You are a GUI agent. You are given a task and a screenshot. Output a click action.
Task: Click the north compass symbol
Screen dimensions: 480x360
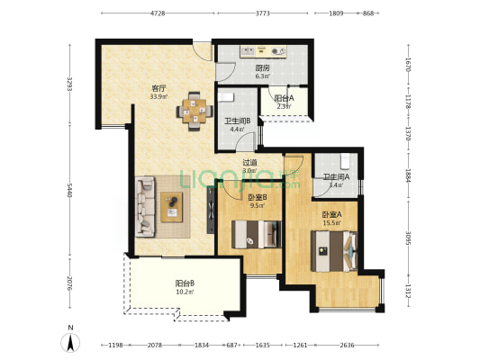coord(70,342)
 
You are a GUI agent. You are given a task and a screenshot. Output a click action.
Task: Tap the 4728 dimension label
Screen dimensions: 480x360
coord(158,13)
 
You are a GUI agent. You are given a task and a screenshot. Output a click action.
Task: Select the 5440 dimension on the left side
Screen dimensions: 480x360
coord(70,190)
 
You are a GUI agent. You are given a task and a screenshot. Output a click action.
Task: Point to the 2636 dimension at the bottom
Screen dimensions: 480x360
coord(347,345)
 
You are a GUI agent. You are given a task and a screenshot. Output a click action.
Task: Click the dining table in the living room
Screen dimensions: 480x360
coord(195,112)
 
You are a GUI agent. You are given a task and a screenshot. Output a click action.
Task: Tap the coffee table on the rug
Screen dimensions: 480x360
coord(171,207)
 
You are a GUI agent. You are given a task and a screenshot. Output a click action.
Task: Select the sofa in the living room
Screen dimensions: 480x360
coord(145,207)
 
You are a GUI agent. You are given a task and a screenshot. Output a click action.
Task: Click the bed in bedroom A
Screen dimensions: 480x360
coord(334,251)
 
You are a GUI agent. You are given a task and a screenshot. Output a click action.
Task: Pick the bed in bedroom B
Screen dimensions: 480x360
coord(257,234)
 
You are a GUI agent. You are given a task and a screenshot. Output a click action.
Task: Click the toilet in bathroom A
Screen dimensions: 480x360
coord(345,161)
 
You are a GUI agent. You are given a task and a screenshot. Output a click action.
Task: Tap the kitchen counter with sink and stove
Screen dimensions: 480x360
coord(263,51)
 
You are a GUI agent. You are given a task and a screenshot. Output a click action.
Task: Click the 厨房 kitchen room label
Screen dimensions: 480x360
coord(262,67)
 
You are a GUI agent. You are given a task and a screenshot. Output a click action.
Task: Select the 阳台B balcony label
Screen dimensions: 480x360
coord(185,283)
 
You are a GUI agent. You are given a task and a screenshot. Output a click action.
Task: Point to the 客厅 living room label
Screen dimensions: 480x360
coord(158,89)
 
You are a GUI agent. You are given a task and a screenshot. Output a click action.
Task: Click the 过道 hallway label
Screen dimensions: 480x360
coord(249,163)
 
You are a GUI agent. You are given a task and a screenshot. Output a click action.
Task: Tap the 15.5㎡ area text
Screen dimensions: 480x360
coord(331,223)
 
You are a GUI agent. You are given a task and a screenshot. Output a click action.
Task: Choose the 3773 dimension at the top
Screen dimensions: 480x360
coord(262,13)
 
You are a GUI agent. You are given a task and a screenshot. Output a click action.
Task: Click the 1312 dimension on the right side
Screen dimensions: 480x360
coord(408,291)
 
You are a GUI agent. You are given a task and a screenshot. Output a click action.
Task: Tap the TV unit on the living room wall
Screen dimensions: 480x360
coord(211,210)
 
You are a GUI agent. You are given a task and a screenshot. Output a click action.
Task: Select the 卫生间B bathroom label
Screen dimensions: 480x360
coord(238,121)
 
